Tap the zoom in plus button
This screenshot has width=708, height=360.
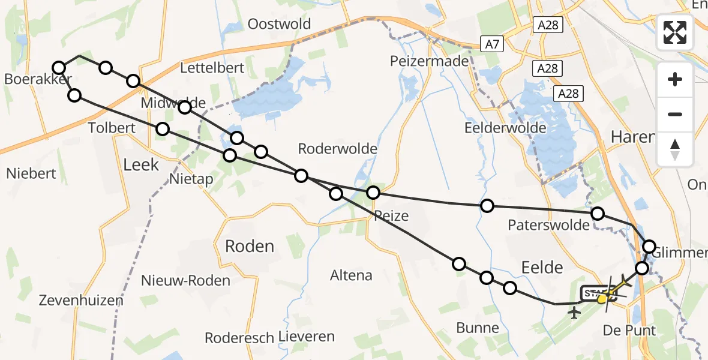pyautogui.click(x=675, y=79)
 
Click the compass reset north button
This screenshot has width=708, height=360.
pyautogui.click(x=675, y=149)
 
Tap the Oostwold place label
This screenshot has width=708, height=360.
pyautogui.click(x=280, y=24)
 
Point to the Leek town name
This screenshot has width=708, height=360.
pyautogui.click(x=141, y=164)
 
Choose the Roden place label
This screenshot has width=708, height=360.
pyautogui.click(x=249, y=246)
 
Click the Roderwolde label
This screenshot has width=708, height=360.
pyautogui.click(x=338, y=148)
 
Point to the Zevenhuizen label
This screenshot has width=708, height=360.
pyautogui.click(x=81, y=301)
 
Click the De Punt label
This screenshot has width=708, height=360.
pyautogui.click(x=629, y=330)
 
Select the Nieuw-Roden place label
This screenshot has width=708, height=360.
pyautogui.click(x=185, y=280)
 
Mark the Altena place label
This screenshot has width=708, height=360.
pyautogui.click(x=351, y=275)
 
